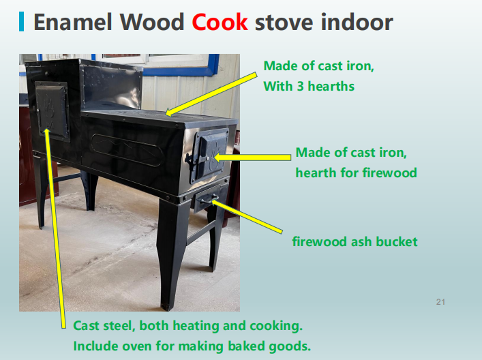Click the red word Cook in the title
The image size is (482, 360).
[220, 22]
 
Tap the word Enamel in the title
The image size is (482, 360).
[72, 22]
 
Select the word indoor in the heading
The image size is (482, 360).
[357, 22]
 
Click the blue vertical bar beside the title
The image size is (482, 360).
[21, 22]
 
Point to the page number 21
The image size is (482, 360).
[440, 302]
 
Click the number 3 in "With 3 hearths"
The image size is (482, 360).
[301, 87]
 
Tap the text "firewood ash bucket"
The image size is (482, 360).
[355, 241]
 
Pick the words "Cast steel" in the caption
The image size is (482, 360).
[104, 325]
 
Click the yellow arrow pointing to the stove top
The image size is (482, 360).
[211, 94]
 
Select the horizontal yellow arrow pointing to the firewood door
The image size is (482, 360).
[252, 157]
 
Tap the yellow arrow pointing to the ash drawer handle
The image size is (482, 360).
[247, 216]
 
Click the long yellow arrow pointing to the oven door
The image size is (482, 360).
[55, 228]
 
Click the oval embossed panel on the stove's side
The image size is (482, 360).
[127, 150]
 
